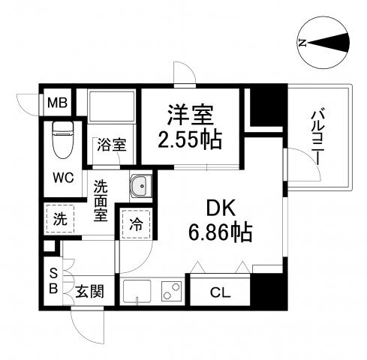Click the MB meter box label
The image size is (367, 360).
(x=57, y=103)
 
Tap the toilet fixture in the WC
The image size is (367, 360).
(x=63, y=140)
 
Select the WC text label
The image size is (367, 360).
(x=63, y=178)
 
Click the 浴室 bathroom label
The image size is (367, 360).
(x=112, y=145)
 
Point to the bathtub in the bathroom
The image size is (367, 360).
(x=111, y=106)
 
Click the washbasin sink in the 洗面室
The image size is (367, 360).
(x=140, y=186)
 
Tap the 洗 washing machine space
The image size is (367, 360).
(x=60, y=219)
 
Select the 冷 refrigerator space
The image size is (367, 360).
(x=137, y=224)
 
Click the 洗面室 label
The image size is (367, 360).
(x=101, y=201)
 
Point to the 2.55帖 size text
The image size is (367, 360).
(x=190, y=139)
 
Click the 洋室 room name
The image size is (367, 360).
(x=191, y=115)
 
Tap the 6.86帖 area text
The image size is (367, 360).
(x=220, y=232)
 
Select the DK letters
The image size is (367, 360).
(x=221, y=208)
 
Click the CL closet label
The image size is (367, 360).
(x=220, y=292)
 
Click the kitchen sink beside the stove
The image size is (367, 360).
(x=137, y=291)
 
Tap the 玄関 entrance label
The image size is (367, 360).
(x=89, y=292)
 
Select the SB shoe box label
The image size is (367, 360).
(x=53, y=280)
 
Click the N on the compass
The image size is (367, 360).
(x=302, y=43)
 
